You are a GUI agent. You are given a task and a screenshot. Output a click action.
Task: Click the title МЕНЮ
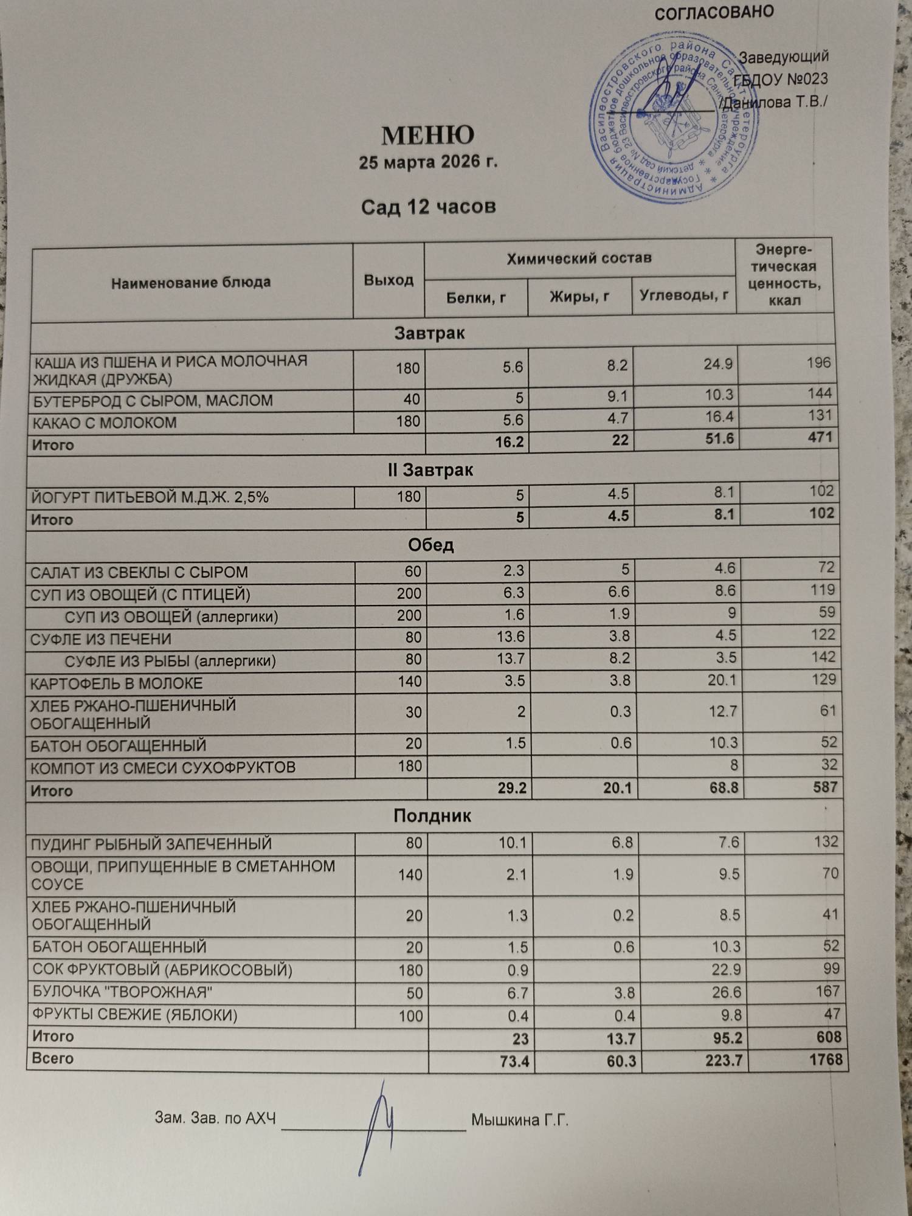tap(427, 136)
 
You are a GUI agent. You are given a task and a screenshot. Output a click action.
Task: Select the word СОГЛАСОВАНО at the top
tap(714, 12)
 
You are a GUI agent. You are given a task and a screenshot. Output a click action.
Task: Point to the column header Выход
tap(389, 280)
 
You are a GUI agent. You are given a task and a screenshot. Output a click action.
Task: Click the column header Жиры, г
tap(579, 297)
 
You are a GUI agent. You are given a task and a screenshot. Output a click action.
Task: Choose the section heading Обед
tap(430, 545)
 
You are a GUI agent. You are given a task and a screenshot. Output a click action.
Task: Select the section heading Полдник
tap(432, 815)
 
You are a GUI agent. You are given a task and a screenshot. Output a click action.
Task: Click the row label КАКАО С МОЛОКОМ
tap(105, 423)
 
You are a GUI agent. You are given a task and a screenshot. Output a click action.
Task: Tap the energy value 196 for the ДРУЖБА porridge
tap(818, 363)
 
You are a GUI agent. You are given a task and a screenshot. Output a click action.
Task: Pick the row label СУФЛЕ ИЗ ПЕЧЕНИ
tap(101, 639)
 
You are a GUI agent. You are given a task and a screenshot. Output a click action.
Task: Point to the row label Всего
tap(53, 1059)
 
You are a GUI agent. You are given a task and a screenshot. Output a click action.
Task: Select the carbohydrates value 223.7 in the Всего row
tap(719, 1061)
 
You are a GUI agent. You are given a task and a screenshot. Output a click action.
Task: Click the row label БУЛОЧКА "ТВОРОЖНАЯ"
tap(122, 992)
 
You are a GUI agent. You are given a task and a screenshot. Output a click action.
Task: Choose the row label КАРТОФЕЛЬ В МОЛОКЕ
tap(117, 683)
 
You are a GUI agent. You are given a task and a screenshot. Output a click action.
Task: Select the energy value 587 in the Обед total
tap(825, 787)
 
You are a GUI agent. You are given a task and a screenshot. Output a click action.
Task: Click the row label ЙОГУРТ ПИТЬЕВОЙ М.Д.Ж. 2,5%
tap(150, 498)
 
